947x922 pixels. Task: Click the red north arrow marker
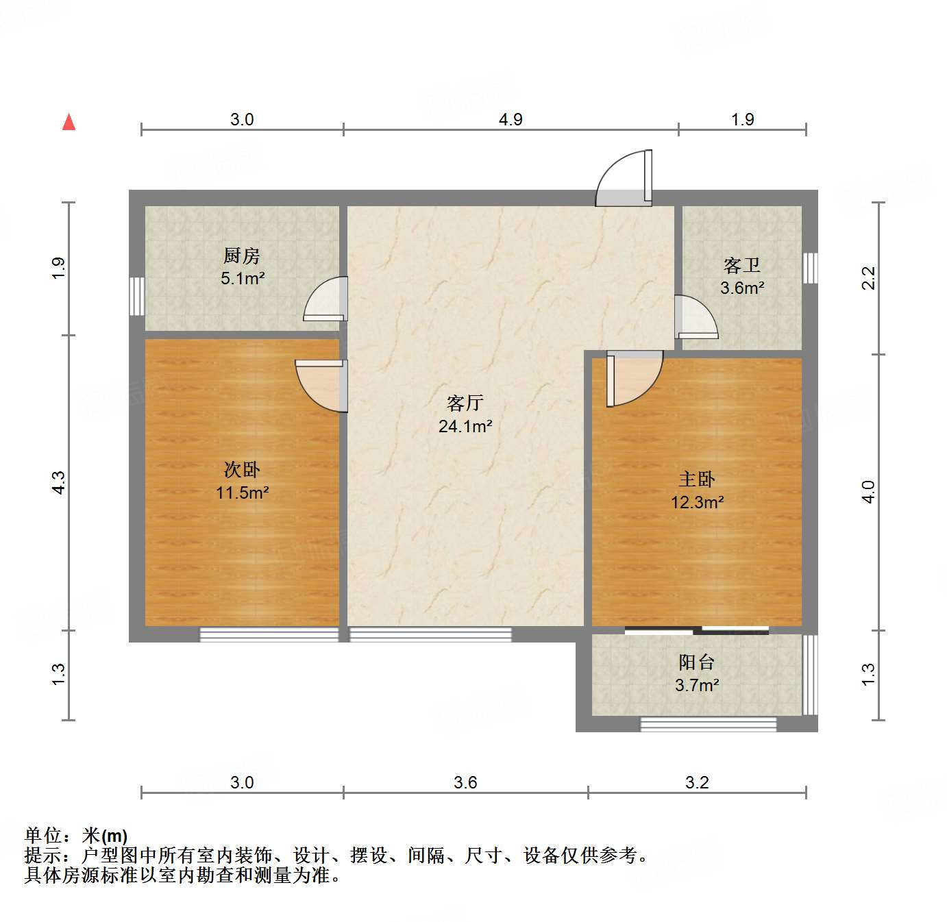[69, 122]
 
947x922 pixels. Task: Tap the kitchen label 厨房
[242, 256]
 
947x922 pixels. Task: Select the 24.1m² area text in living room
[465, 426]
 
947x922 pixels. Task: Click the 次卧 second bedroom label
[242, 469]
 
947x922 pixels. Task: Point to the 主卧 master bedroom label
[697, 479]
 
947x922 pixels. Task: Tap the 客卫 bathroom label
[742, 265]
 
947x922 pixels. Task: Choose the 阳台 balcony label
[697, 662]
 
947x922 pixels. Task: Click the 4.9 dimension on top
[511, 119]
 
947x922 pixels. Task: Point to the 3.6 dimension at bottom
[465, 782]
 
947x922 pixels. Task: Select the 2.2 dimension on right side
[868, 277]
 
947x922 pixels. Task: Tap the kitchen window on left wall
[137, 296]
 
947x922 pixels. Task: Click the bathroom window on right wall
[810, 268]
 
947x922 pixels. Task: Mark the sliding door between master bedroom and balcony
[697, 630]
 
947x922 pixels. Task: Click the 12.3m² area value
[697, 502]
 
